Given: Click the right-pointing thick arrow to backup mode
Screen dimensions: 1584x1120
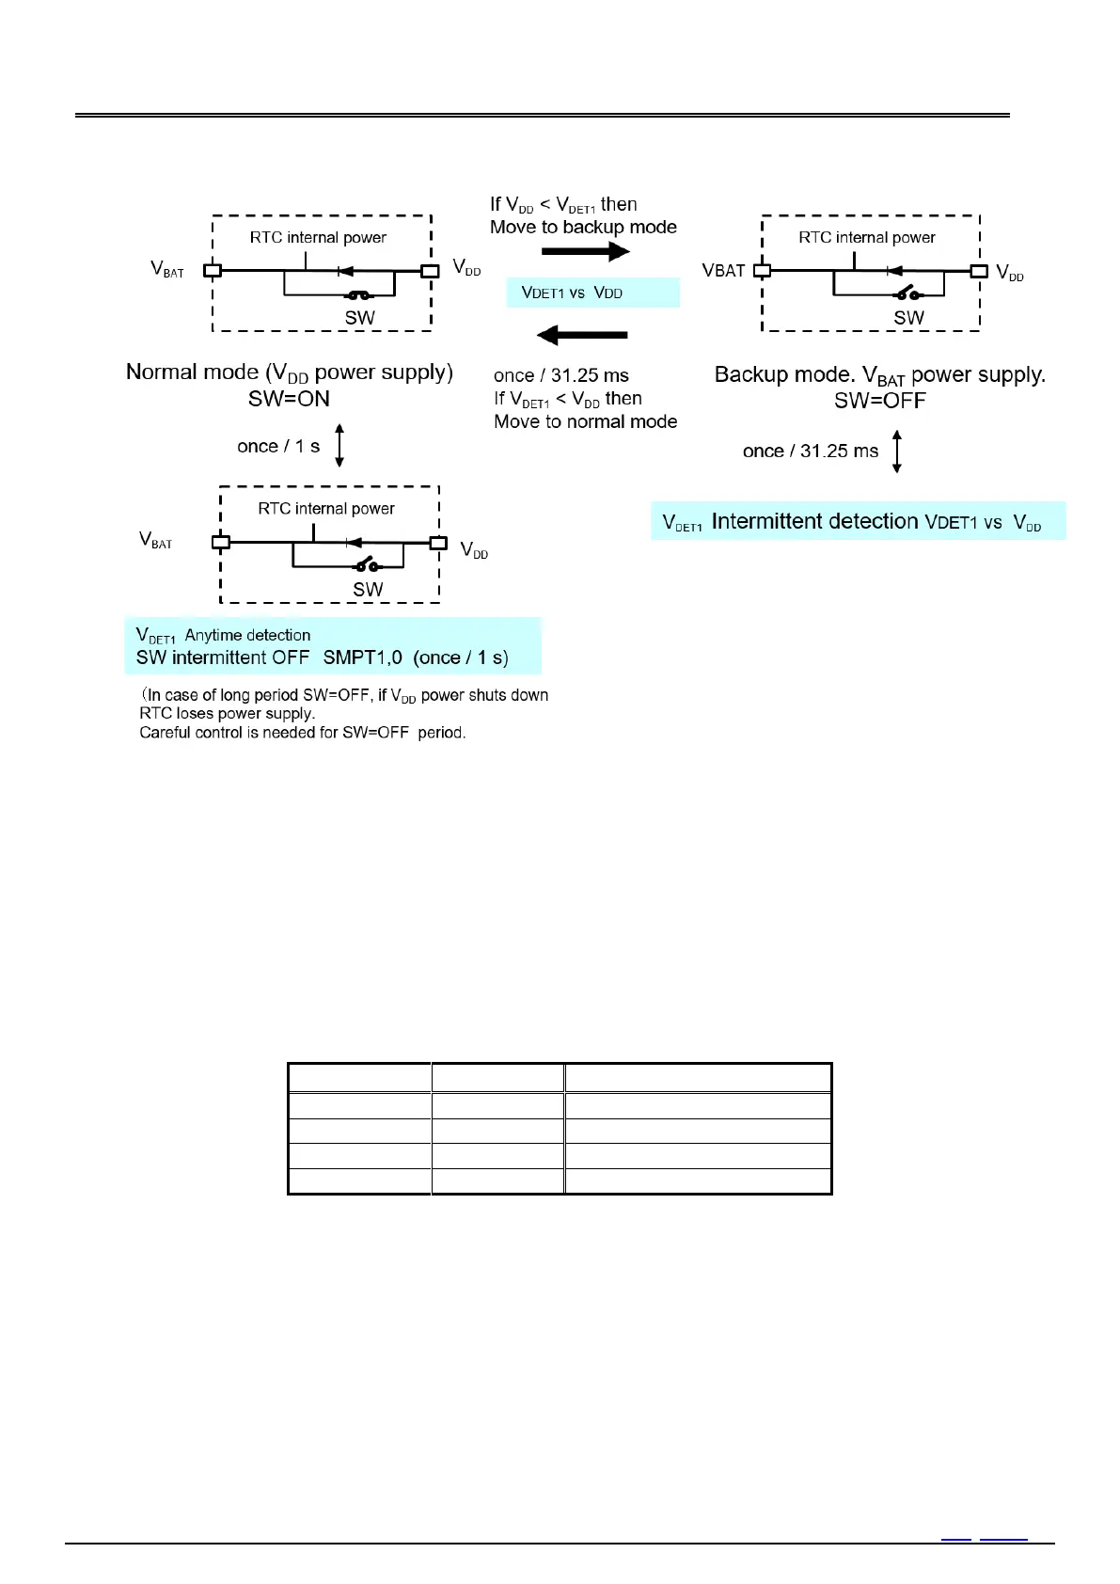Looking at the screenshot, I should coord(585,251).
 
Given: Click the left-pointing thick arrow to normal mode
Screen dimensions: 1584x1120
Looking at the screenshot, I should coord(581,335).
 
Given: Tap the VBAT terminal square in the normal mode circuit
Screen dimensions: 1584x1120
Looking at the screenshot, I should coord(213,271).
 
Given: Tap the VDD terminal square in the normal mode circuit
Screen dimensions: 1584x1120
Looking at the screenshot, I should coord(430,271).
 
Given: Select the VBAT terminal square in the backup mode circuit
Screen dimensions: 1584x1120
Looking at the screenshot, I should coord(763,271).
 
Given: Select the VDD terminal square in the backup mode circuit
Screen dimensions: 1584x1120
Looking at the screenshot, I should coord(979,271).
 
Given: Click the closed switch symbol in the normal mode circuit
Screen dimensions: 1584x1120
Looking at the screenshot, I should coord(359,294).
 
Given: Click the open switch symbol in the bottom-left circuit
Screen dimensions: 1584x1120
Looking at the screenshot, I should coord(367,565).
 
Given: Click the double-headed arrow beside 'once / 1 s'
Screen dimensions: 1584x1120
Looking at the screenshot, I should coord(339,445).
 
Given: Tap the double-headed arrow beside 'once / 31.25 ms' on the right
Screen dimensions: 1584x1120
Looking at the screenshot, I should coord(896,451).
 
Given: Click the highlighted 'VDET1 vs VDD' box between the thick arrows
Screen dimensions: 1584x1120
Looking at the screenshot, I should coord(592,293).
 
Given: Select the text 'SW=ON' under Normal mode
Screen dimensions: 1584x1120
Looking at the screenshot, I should coord(289,399).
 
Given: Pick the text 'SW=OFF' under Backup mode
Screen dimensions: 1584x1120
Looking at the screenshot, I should coord(879,401).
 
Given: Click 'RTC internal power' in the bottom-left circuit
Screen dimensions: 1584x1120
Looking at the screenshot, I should coord(326,509).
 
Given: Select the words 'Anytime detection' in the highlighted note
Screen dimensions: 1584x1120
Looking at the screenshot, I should coord(247,635).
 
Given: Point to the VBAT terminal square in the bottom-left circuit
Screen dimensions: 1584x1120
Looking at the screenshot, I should coord(220,542).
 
